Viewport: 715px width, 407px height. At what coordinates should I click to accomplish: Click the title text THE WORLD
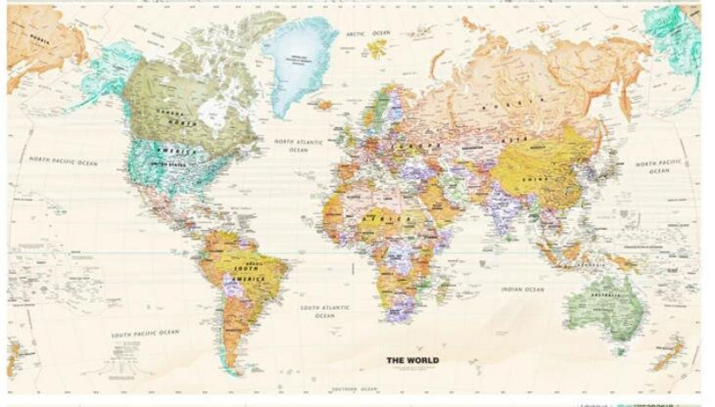coord(412,360)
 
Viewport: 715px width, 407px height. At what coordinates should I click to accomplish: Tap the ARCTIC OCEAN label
coord(368,34)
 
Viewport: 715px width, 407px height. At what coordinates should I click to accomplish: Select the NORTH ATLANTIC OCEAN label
coord(299,145)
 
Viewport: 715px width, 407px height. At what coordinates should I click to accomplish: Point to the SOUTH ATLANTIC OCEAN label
coord(325,311)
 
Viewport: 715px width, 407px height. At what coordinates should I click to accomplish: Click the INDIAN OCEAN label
coord(522,290)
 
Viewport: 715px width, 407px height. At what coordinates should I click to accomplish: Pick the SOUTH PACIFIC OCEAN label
coord(145,334)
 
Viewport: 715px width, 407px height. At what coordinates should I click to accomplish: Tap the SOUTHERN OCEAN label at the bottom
coord(355,389)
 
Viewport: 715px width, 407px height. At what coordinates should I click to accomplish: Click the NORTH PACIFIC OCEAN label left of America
coord(63,161)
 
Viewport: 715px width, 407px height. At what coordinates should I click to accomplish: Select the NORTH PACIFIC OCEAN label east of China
coord(658,166)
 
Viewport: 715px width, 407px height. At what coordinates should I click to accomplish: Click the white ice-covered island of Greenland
coord(299,67)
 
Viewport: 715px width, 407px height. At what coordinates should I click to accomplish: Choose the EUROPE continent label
coord(417,146)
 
